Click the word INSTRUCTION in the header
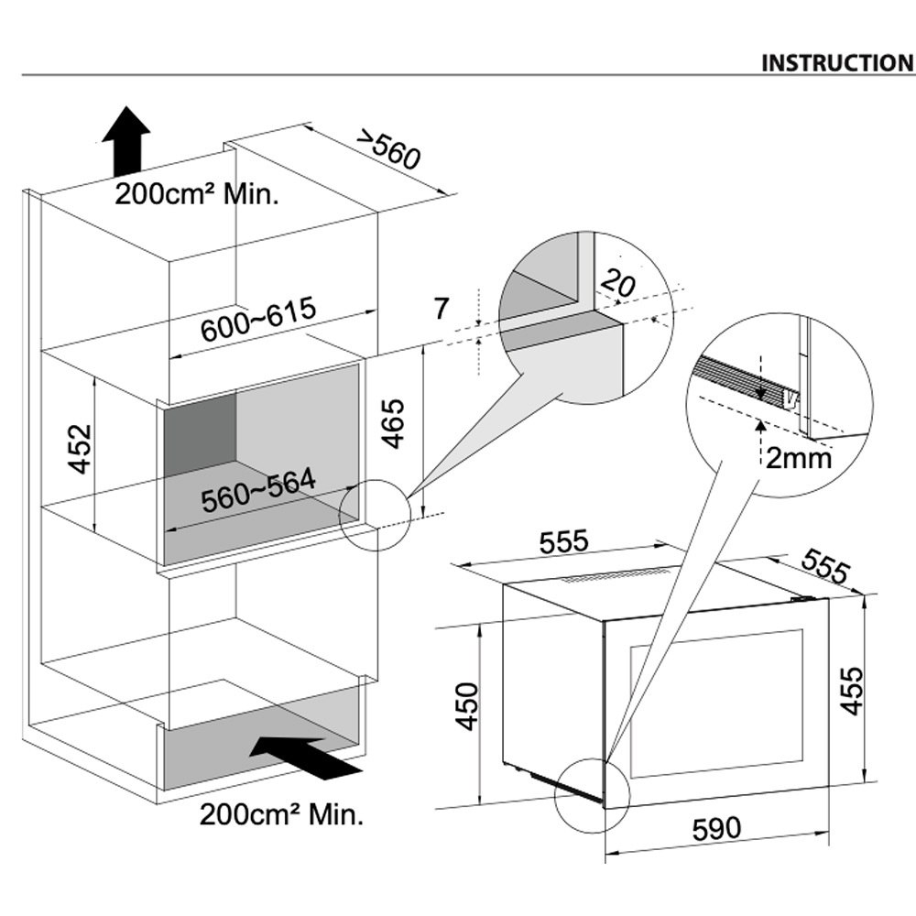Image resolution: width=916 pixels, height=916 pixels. tap(837, 62)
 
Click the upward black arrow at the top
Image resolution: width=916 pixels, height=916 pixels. tap(125, 139)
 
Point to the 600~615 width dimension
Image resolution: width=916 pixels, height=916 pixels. tap(258, 318)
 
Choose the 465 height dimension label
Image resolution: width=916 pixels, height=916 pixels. tap(392, 423)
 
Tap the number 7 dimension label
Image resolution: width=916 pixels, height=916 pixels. tap(442, 309)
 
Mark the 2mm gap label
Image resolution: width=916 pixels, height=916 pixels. tap(799, 457)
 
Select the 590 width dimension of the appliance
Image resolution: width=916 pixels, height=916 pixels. tap(715, 829)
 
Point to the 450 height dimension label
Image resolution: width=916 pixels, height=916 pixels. tap(467, 705)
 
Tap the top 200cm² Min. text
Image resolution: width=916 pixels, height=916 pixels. tap(197, 194)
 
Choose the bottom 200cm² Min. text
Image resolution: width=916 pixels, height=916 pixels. tap(281, 813)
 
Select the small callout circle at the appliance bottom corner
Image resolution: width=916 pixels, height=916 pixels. tap(593, 795)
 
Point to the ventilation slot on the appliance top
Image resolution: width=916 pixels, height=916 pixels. tap(615, 576)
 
